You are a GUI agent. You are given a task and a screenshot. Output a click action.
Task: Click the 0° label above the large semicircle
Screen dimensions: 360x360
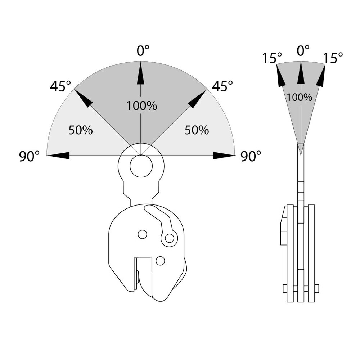[143, 51]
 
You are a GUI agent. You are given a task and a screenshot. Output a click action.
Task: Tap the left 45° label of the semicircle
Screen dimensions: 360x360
[60, 86]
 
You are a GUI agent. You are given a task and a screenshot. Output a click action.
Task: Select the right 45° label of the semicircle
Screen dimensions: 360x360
[222, 86]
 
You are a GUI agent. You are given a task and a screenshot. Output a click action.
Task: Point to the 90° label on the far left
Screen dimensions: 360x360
[30, 157]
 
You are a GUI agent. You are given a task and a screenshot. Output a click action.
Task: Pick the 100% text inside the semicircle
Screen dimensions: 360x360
[141, 106]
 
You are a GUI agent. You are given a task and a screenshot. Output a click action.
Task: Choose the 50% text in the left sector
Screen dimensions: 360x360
[81, 130]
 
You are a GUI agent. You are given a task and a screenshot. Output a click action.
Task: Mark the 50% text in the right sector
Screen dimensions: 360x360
[197, 130]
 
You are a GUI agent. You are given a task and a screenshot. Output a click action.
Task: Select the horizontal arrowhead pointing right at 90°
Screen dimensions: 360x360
[224, 156]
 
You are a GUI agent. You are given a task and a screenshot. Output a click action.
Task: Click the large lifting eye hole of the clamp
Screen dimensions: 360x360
[141, 166]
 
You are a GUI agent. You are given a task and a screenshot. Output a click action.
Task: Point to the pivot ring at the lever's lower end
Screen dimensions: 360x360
[169, 238]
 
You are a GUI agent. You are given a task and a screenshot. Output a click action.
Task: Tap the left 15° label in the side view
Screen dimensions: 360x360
[272, 58]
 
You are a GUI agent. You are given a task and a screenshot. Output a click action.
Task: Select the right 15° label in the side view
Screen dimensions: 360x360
[332, 58]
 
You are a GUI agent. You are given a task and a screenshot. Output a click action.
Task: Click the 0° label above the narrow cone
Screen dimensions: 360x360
[303, 51]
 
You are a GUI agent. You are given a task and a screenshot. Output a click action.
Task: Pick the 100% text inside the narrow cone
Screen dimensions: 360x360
[300, 97]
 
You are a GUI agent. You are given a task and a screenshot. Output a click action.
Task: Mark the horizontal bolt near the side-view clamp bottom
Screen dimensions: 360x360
[301, 288]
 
